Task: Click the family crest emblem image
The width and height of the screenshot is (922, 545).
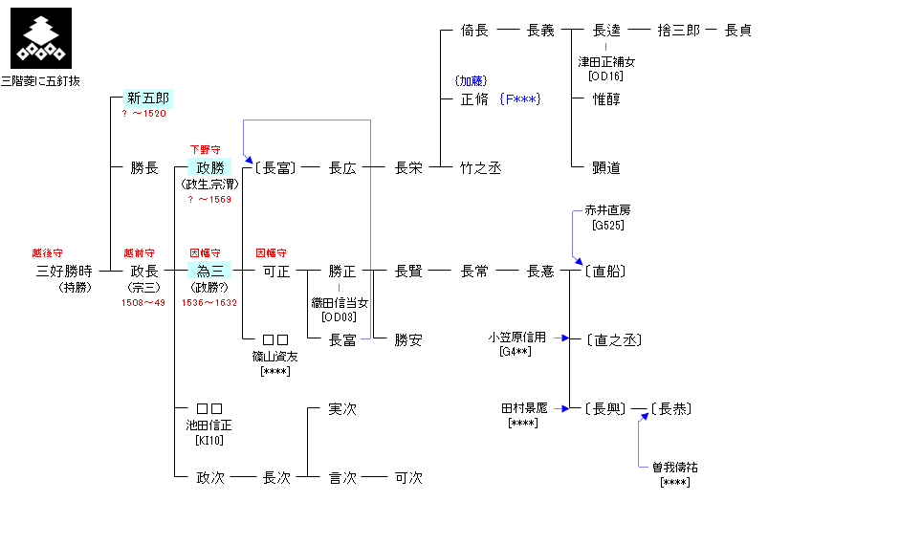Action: [40, 38]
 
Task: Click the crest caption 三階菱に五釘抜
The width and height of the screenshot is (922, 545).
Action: [40, 81]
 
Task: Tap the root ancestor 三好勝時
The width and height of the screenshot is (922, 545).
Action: [63, 271]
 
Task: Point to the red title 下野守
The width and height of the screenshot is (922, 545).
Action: [207, 150]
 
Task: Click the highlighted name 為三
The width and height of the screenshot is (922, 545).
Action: [209, 271]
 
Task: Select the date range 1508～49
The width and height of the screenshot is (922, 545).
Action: [143, 302]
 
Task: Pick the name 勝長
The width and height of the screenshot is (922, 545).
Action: [144, 167]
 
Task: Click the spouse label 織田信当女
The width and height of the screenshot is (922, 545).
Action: [340, 302]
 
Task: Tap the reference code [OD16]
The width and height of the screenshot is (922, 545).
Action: [606, 75]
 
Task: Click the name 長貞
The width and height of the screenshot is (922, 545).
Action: [737, 30]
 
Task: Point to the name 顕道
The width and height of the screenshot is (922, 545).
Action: [606, 167]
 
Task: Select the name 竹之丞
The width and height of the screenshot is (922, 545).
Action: [480, 167]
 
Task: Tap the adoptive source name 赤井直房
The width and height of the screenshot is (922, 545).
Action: [607, 210]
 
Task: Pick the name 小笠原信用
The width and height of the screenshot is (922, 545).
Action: [516, 337]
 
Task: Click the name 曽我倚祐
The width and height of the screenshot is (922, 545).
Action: [675, 468]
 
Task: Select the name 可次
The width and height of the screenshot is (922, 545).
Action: [408, 477]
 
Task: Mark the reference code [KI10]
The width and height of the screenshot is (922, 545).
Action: [209, 440]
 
